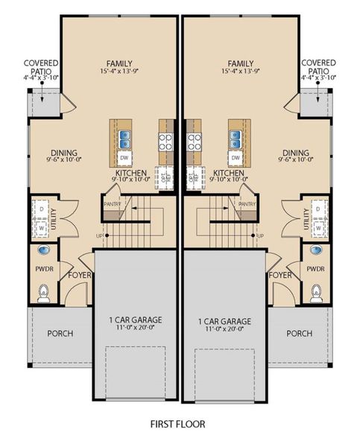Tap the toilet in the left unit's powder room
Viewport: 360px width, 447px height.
(x=43, y=294)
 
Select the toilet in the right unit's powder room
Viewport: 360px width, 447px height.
(x=315, y=294)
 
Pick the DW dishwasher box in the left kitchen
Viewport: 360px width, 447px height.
(x=124, y=158)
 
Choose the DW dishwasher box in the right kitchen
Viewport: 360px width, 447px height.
(x=236, y=158)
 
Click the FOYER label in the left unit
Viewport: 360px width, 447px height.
(x=80, y=275)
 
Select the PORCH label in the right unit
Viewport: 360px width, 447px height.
(x=299, y=333)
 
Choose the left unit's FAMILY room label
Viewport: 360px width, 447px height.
(x=119, y=63)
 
